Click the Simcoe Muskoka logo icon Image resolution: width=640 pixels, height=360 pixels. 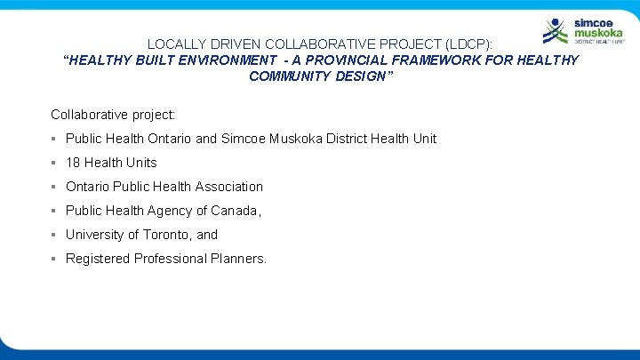tap(556, 31)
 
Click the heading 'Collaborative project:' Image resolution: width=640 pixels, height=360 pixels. tap(113, 115)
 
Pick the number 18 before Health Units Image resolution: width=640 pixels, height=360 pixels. tap(73, 163)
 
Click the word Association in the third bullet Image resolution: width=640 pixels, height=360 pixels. tap(227, 187)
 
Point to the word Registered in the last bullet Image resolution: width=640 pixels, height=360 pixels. tap(98, 259)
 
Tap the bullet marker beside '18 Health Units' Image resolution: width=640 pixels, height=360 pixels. tap(54, 163)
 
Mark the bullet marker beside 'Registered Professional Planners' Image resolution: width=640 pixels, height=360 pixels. tap(54, 259)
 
